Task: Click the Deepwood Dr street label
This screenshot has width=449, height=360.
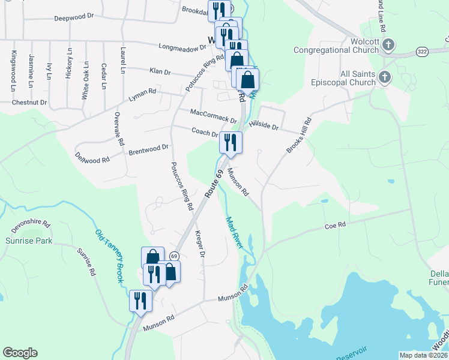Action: click(76, 18)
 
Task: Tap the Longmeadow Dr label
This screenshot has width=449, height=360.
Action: click(181, 46)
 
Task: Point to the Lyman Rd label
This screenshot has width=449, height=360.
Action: click(142, 94)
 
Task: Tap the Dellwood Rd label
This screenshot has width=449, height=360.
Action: click(92, 158)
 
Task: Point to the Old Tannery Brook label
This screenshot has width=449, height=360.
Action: click(109, 250)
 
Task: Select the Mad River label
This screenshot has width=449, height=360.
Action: click(234, 233)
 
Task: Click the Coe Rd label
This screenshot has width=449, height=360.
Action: click(336, 225)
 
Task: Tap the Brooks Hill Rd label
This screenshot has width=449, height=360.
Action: click(300, 135)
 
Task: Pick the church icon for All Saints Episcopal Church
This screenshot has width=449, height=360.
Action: click(384, 77)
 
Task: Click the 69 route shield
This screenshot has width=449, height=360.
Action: click(173, 256)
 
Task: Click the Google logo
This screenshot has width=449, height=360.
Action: click(20, 353)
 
